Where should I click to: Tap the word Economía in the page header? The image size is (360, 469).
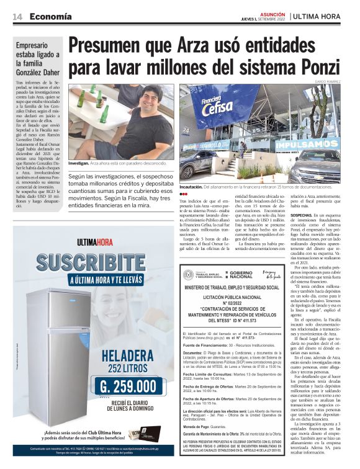(x=50, y=16)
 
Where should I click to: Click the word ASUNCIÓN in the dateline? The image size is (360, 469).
(x=273, y=12)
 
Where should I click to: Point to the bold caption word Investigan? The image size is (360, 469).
(x=79, y=162)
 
